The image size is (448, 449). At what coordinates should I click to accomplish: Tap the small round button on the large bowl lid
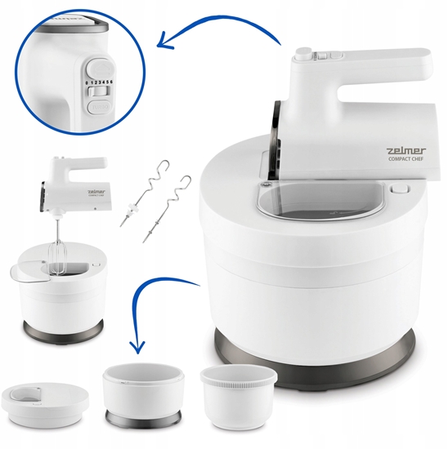tap(400, 189)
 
